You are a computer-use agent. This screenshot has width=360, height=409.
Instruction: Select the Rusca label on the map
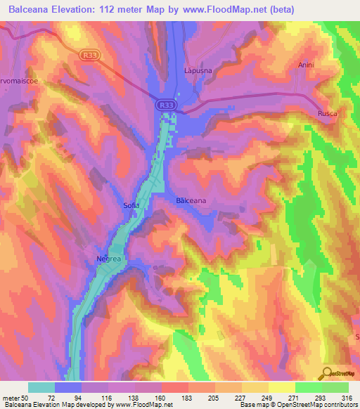327,113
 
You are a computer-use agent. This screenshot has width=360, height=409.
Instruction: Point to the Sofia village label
131,205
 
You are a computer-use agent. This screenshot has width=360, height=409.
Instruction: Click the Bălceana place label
190,201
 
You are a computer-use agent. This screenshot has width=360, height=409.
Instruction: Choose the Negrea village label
109,259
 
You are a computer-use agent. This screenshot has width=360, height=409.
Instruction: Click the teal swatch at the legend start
41,387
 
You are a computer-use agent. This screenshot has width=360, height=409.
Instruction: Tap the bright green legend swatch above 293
309,387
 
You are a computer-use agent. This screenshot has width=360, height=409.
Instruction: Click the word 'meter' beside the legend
12,398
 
